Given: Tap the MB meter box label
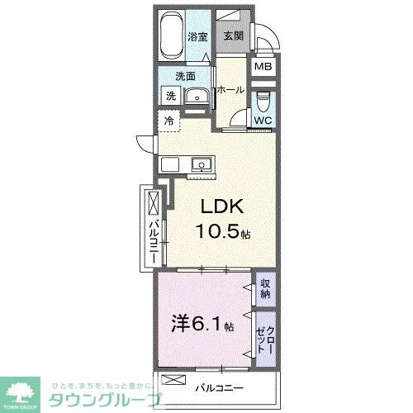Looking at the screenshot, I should click(x=262, y=67).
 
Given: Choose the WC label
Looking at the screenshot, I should click(x=262, y=120).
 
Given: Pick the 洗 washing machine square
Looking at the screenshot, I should click(x=170, y=96).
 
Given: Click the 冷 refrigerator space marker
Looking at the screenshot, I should click(x=169, y=121).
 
